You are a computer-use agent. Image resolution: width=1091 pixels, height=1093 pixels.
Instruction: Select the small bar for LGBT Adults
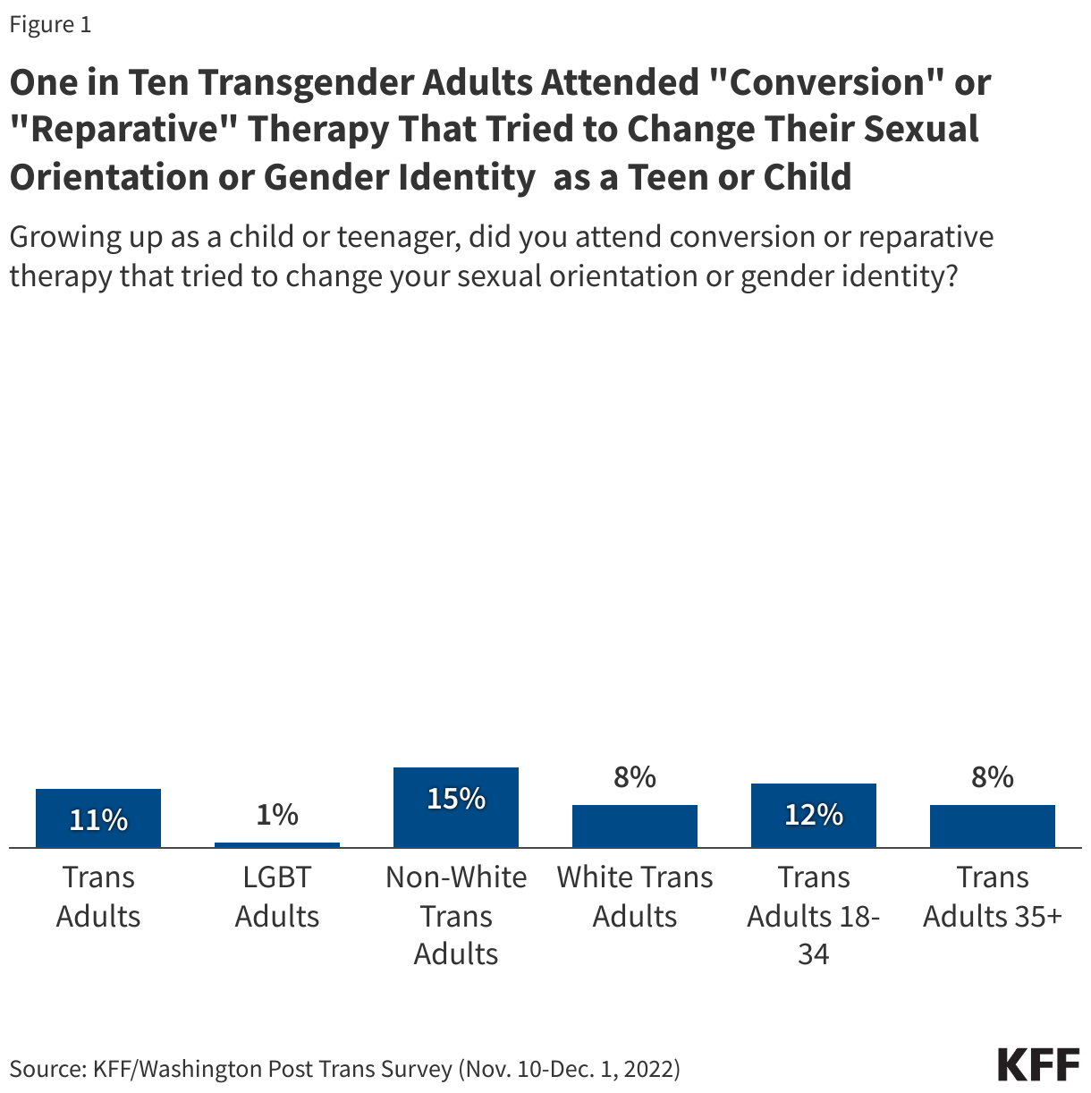click(277, 844)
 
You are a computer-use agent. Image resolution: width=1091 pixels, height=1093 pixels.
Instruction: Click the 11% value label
click(98, 819)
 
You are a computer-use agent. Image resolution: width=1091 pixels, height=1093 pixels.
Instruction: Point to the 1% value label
click(277, 814)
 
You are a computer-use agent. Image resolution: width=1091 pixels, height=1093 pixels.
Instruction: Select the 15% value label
click(456, 798)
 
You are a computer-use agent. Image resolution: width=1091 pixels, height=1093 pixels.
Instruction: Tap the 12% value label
click(814, 814)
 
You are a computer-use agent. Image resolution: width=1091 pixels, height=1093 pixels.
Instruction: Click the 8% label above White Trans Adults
click(635, 777)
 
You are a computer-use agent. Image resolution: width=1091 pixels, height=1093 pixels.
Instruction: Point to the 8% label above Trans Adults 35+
click(993, 777)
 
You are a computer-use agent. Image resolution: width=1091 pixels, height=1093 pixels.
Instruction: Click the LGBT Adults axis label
click(277, 896)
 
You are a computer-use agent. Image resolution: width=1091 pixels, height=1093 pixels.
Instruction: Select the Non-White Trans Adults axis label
click(456, 915)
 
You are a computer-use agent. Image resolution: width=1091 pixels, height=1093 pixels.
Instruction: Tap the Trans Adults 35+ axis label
click(993, 896)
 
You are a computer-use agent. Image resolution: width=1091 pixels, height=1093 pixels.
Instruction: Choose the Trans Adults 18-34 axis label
click(814, 915)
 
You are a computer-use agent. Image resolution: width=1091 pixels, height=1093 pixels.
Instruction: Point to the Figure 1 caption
click(50, 25)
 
